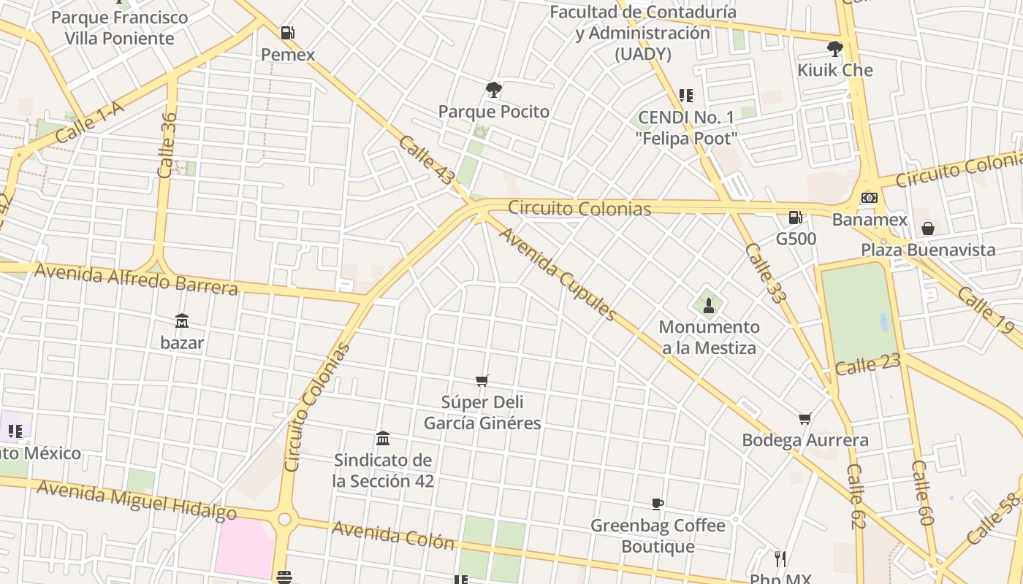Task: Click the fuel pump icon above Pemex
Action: click(x=288, y=33)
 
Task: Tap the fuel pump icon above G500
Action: click(x=795, y=218)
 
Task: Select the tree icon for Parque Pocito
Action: click(x=493, y=90)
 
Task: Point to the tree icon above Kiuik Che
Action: click(x=834, y=49)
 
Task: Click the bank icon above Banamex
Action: click(x=870, y=198)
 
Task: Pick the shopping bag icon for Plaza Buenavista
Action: click(x=927, y=228)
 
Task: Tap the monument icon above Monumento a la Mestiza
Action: click(x=708, y=305)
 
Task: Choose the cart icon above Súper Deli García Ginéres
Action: click(x=482, y=380)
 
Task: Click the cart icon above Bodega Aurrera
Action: click(x=805, y=418)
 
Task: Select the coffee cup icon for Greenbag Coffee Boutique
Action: click(x=657, y=504)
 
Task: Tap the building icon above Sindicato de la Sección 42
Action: click(x=382, y=438)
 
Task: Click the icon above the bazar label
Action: click(x=181, y=320)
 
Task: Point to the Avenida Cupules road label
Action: click(x=558, y=274)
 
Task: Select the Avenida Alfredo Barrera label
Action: click(x=137, y=280)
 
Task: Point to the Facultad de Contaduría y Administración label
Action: click(x=643, y=33)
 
